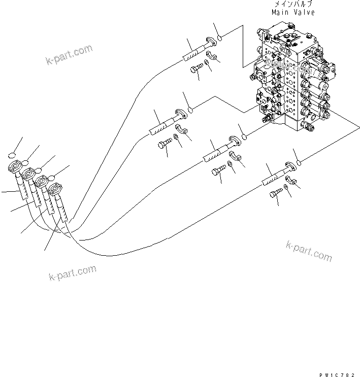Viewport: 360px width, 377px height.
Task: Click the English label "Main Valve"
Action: (293, 12)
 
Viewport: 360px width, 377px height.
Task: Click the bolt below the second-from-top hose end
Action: (164, 146)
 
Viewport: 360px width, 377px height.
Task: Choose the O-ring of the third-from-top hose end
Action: (244, 135)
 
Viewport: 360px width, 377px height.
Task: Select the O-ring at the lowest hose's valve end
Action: (300, 162)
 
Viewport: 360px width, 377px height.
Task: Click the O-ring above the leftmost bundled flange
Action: (14, 156)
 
